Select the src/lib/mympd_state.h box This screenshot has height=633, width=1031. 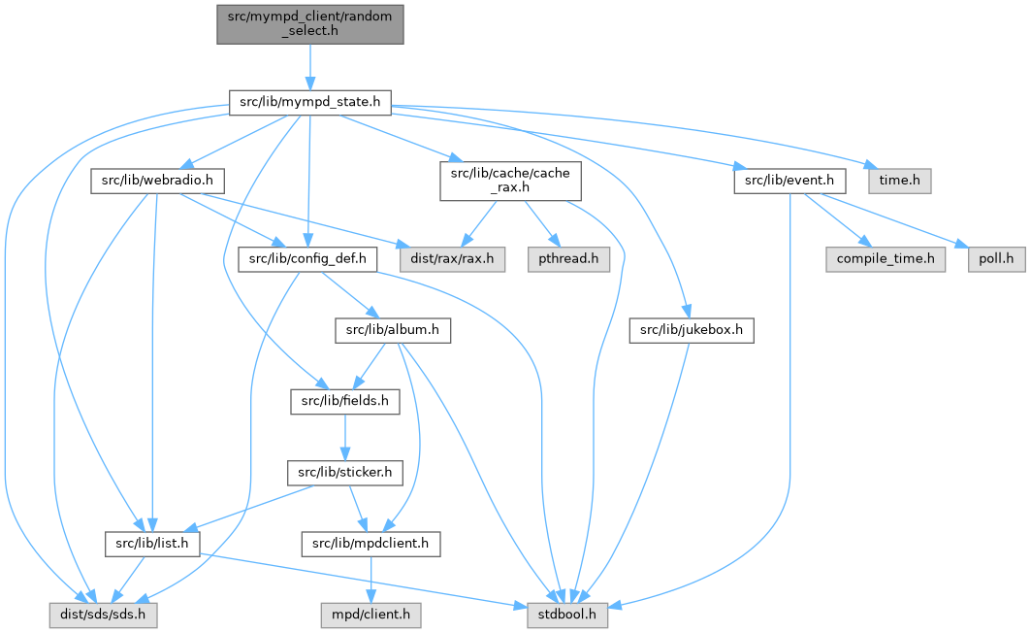(x=309, y=101)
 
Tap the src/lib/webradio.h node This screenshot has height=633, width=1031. (x=157, y=181)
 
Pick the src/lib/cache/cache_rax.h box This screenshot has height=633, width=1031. (x=511, y=181)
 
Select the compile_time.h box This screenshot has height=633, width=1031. (x=884, y=259)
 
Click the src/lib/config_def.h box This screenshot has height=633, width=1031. (x=307, y=259)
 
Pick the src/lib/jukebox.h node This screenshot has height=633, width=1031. (x=692, y=330)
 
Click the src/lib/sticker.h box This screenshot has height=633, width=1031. (x=344, y=473)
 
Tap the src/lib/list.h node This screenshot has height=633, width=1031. (x=152, y=544)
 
